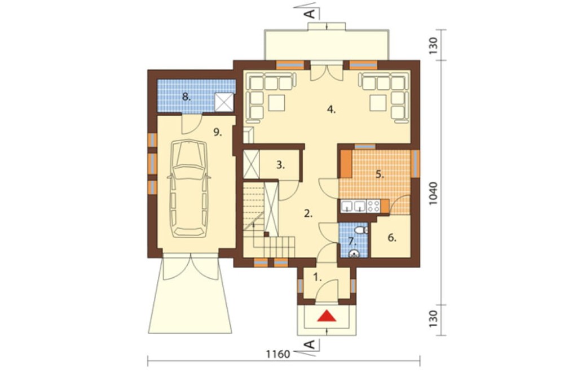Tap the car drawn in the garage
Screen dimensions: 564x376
tap(189, 189)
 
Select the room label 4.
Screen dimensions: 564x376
tap(331, 110)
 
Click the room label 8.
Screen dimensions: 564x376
tap(186, 97)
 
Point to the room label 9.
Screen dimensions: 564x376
tap(217, 133)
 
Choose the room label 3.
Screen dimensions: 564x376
tap(281, 165)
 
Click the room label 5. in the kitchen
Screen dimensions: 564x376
tap(380, 174)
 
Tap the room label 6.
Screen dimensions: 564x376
tap(392, 238)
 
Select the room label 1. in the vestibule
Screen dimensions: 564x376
tap(317, 278)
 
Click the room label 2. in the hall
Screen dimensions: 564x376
tap(309, 213)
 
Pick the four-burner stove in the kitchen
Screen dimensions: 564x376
tap(373, 206)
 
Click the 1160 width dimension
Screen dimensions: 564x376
tap(278, 355)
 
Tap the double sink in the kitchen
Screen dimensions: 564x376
tap(353, 206)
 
